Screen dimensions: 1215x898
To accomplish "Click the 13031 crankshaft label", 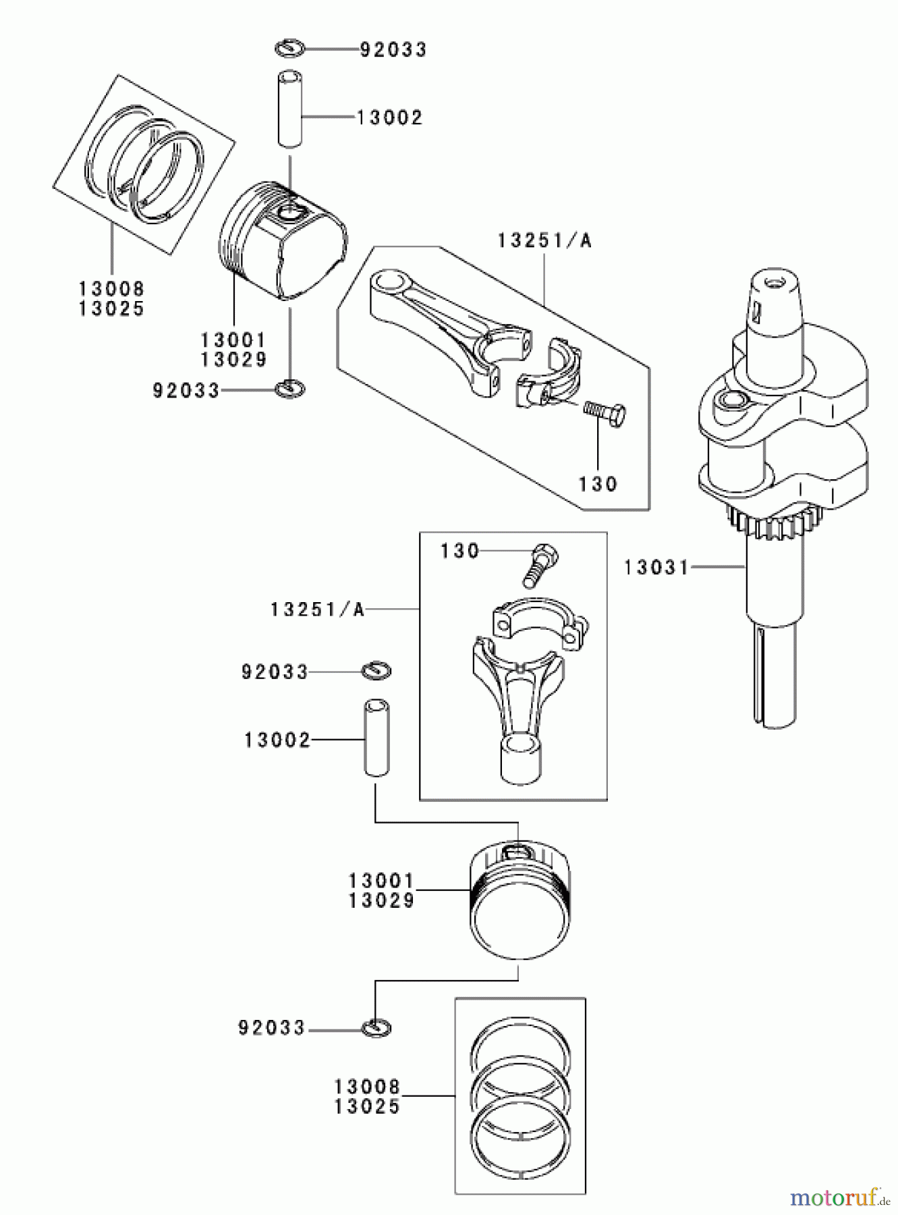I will click(x=656, y=567).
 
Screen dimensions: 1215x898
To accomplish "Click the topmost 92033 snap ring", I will click(x=291, y=49).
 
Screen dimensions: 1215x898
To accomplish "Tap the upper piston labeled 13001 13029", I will click(x=283, y=240).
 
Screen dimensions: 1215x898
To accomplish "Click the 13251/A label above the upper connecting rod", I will click(x=544, y=241).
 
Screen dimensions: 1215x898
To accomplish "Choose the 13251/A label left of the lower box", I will click(x=317, y=610).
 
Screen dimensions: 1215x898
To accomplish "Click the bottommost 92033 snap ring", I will click(x=376, y=1028).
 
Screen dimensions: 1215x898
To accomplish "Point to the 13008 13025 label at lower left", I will click(x=367, y=1096).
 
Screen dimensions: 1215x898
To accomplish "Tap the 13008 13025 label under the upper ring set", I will click(x=112, y=298).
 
